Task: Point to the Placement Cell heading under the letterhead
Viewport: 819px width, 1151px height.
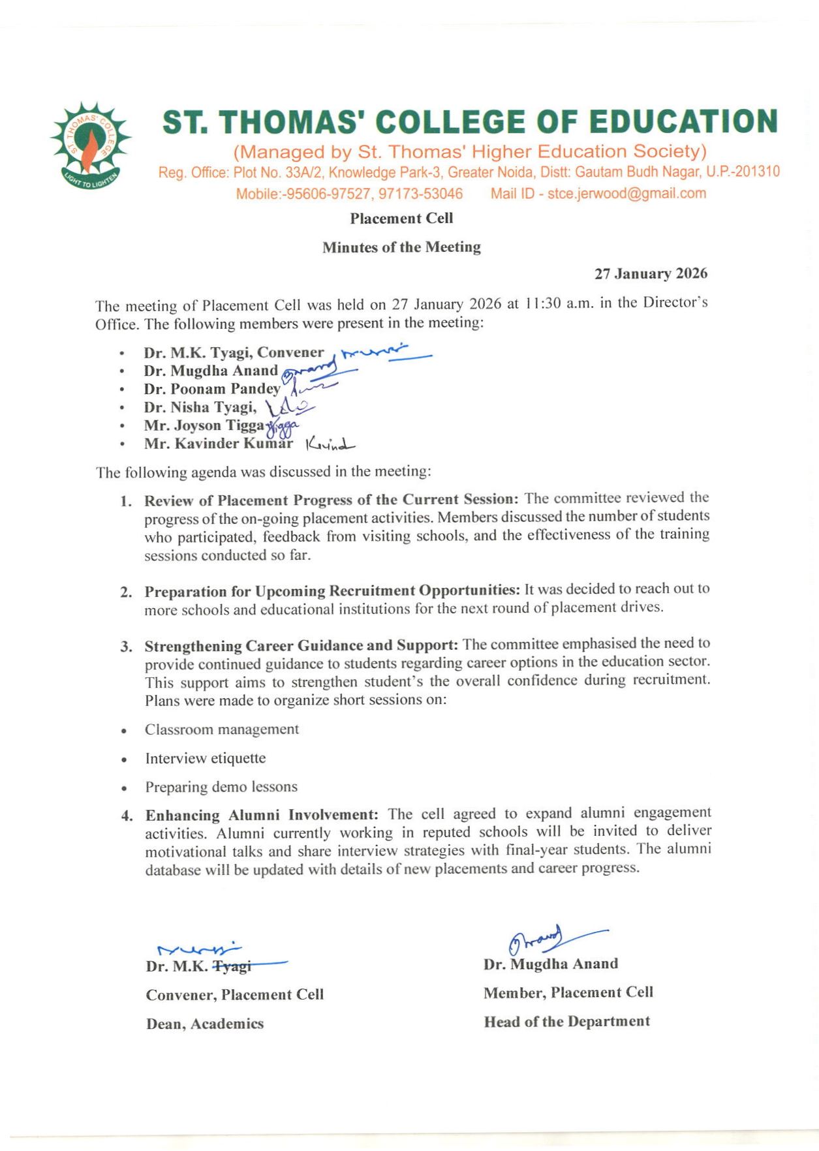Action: click(x=401, y=219)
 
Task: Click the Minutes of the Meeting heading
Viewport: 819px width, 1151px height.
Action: click(x=401, y=247)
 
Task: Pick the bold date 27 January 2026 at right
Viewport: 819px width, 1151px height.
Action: click(x=650, y=274)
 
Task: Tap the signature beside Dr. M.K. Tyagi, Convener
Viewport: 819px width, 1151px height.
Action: click(x=385, y=353)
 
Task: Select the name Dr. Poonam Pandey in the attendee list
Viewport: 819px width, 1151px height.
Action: click(x=212, y=389)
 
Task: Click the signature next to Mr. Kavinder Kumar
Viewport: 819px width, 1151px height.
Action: click(x=330, y=446)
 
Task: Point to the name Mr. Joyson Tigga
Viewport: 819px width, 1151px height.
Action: click(x=204, y=425)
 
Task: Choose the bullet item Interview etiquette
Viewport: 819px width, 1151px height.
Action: click(x=206, y=758)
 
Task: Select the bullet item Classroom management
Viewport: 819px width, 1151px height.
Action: click(x=222, y=729)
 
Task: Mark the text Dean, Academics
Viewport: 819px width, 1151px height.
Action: click(x=205, y=1024)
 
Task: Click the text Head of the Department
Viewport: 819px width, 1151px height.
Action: click(x=566, y=1022)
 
